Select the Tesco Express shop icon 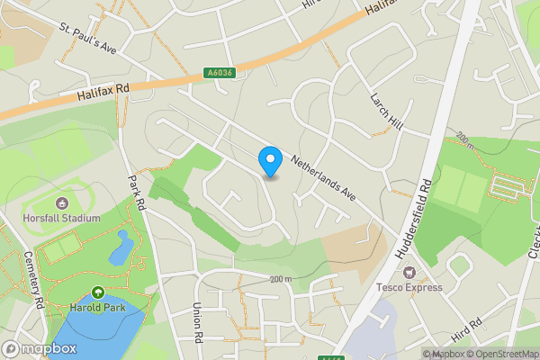point(409,272)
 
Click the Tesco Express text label point(409,287)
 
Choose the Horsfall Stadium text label point(62,218)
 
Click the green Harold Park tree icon point(97,293)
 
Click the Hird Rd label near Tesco point(468,331)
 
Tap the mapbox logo point(38,348)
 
